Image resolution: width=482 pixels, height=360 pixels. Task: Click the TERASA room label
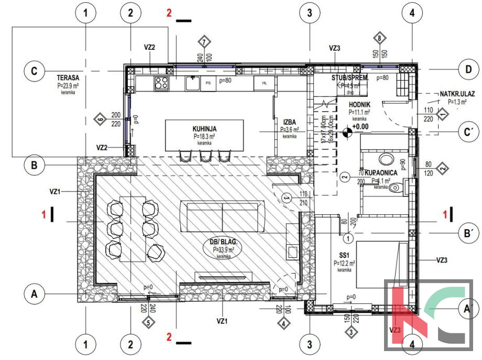click(x=68, y=77)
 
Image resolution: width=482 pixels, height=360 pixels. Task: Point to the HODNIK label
click(x=359, y=105)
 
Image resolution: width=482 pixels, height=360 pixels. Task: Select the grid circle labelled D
click(x=464, y=69)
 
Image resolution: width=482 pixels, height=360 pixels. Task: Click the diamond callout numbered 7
click(x=204, y=41)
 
